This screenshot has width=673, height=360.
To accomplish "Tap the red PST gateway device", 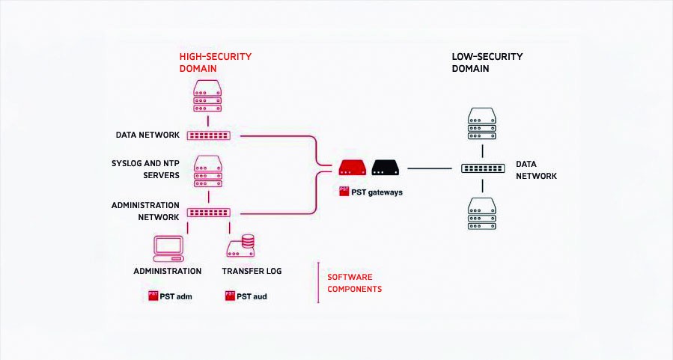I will [x=353, y=167].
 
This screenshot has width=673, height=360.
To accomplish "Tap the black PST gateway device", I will [x=386, y=167].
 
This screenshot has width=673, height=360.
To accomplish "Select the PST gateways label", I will [x=372, y=192].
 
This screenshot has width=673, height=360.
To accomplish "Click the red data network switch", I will [x=209, y=135].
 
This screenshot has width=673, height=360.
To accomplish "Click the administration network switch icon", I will [x=209, y=212].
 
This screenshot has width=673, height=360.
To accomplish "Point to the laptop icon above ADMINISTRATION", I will [x=168, y=248].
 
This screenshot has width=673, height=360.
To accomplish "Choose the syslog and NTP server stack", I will [x=209, y=171].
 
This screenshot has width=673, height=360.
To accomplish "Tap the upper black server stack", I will [x=482, y=123].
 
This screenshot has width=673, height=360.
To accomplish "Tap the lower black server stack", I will [x=482, y=213].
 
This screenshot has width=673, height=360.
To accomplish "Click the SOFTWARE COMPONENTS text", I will [x=354, y=283].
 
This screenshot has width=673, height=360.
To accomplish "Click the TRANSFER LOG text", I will [x=252, y=271].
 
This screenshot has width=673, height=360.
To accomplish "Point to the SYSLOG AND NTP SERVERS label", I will [x=147, y=169].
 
